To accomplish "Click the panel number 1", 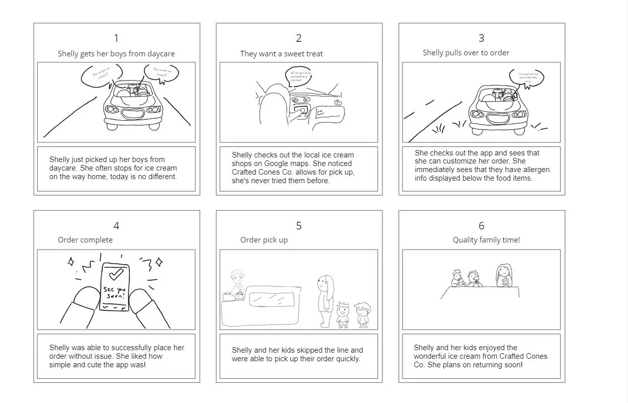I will (x=116, y=38).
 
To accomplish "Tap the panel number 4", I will (x=116, y=226).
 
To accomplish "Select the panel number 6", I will (x=481, y=226).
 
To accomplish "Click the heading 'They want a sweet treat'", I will (x=281, y=54).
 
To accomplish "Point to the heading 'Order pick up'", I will (x=264, y=240).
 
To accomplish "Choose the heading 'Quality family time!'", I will (x=486, y=240).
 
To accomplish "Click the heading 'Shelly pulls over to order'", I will (x=466, y=53).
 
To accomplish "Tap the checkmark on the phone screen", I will (x=116, y=274).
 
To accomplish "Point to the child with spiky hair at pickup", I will (x=343, y=314).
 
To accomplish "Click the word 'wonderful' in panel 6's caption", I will (x=432, y=356).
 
